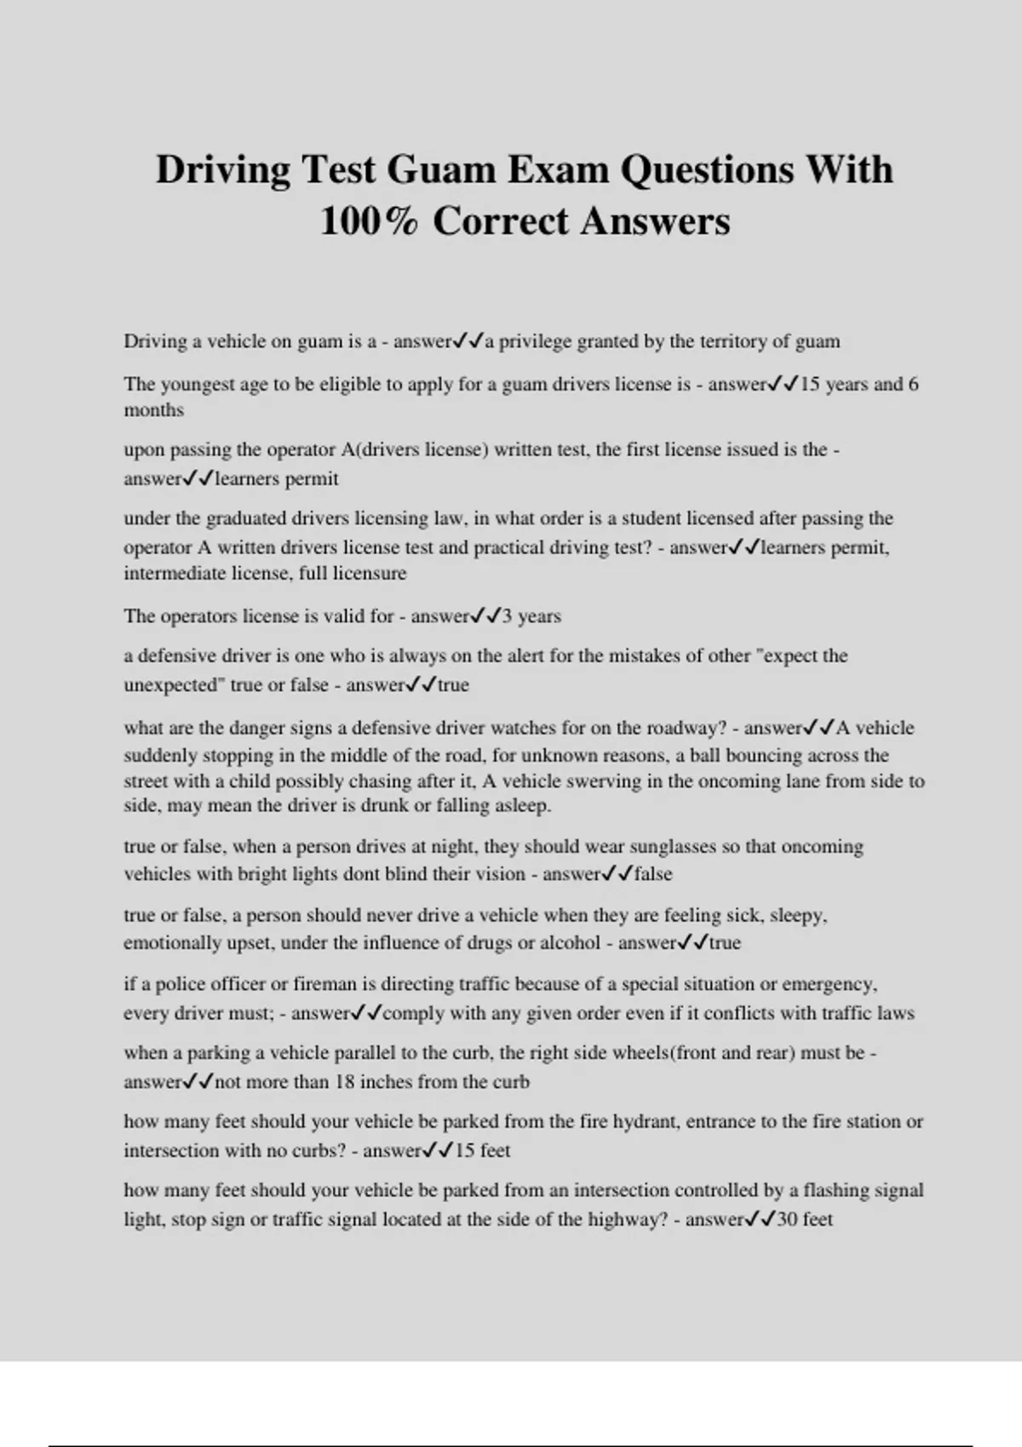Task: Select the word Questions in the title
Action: pyautogui.click(x=706, y=169)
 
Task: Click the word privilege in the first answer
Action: pyautogui.click(x=535, y=341)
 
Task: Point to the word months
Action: pyautogui.click(x=153, y=410)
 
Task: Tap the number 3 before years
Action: pyautogui.click(x=507, y=616)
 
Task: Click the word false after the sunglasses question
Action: pyautogui.click(x=652, y=874)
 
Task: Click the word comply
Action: pyautogui.click(x=414, y=1014)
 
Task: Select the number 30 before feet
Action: pyautogui.click(x=786, y=1220)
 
